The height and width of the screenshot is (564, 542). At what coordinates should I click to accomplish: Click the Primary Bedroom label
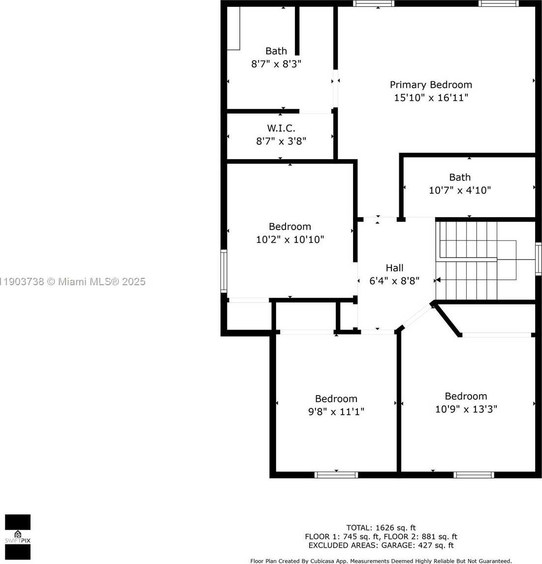[431, 85]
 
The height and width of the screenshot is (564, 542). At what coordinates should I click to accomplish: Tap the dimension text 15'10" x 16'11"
[431, 98]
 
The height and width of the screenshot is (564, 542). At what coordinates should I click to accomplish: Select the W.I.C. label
[281, 128]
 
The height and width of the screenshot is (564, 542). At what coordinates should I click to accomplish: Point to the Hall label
[394, 268]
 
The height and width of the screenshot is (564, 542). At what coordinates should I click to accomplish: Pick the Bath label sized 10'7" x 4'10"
[460, 177]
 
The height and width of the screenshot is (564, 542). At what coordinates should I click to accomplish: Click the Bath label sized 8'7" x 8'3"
[276, 51]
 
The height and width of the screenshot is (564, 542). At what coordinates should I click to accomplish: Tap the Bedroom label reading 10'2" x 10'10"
[290, 227]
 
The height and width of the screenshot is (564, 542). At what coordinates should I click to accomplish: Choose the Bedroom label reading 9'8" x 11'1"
[336, 399]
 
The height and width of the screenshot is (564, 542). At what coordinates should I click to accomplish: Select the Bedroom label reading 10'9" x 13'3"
[466, 397]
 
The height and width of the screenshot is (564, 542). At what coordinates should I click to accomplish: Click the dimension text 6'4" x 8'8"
[394, 281]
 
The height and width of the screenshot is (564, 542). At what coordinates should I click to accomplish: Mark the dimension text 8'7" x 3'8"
[281, 141]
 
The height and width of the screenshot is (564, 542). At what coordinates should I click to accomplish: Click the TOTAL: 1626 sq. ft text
[381, 528]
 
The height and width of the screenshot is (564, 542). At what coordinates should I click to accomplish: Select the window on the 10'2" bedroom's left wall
[224, 270]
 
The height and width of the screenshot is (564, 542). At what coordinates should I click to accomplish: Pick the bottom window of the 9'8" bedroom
[336, 475]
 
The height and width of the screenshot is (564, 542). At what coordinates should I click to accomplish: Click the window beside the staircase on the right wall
[538, 259]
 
